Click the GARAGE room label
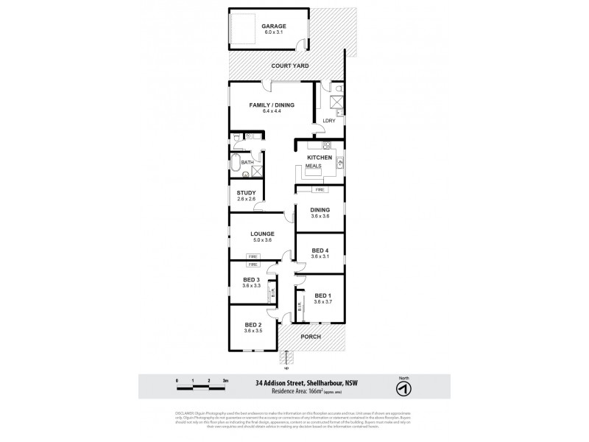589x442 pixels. point(273,26)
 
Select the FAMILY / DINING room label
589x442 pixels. point(272,105)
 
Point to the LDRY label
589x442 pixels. point(328,120)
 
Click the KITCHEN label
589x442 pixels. point(320,158)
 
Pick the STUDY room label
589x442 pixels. point(246,193)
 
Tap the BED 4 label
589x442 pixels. point(320,250)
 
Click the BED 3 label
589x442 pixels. point(252,280)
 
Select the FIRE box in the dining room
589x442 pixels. point(320,190)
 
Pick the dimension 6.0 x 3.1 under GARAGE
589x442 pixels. point(273,33)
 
